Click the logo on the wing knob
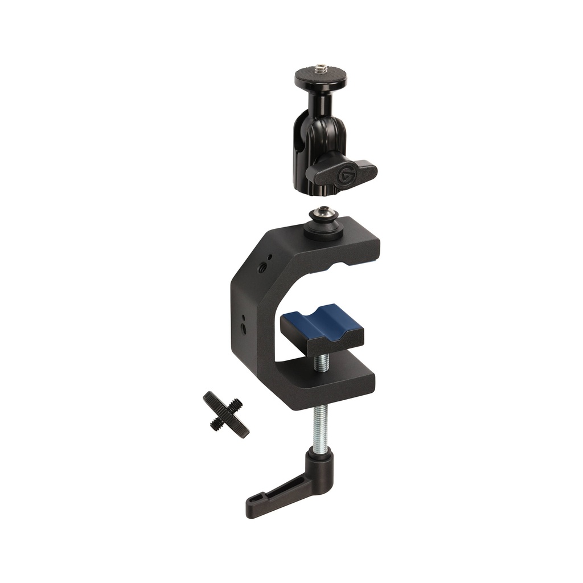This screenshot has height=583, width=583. tap(347, 174)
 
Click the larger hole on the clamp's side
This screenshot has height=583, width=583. tap(245, 329)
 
